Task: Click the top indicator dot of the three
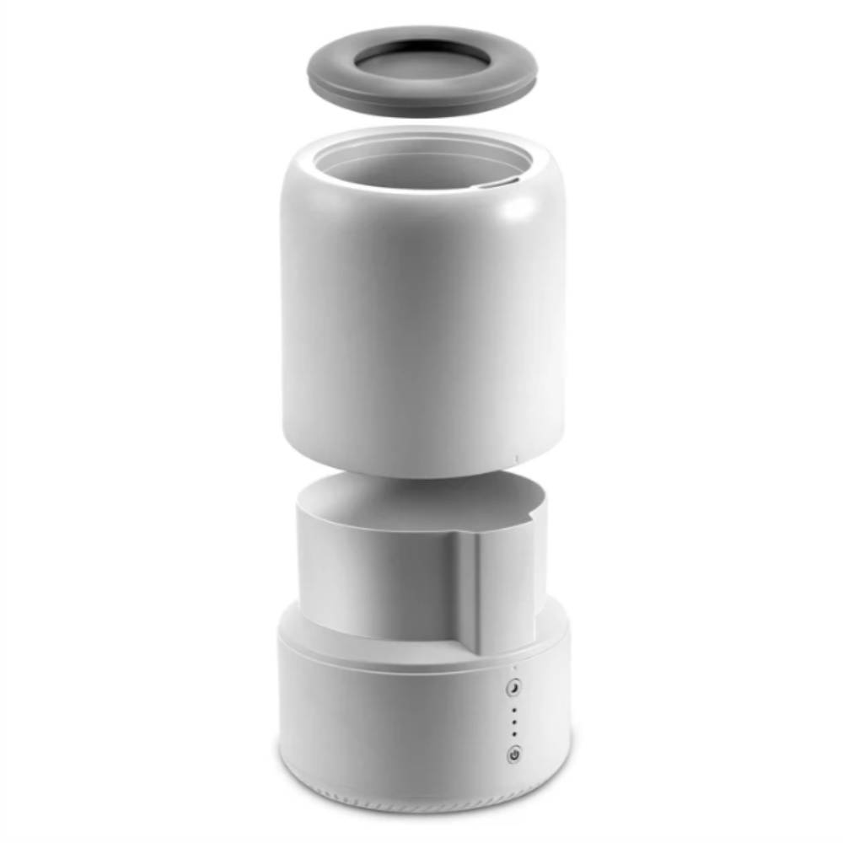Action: point(513,711)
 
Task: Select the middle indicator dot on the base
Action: point(513,722)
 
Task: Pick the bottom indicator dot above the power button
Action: point(513,734)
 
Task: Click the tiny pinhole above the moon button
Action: point(513,670)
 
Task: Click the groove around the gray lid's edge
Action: point(421,102)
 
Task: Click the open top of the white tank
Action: point(421,164)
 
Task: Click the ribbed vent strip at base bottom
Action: point(421,801)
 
